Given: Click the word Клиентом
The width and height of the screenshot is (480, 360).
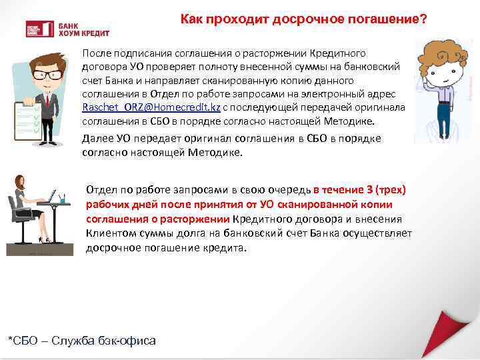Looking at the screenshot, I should pos(108,233).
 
